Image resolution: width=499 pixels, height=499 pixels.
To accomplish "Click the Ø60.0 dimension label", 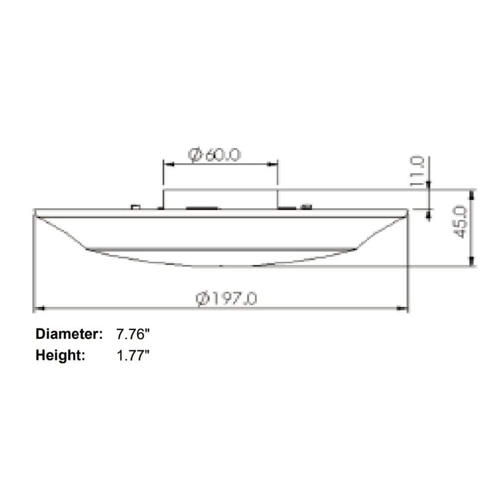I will coord(215,155).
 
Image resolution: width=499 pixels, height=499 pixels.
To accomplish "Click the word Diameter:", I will coord(69,334).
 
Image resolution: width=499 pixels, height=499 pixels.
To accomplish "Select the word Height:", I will coord(60,355).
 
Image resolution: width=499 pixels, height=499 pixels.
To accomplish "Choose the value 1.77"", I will coord(133,355).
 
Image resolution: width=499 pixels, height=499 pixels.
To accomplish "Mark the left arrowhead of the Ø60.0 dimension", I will coord(167,163).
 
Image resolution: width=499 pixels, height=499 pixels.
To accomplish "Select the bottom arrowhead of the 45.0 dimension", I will coord(472,261).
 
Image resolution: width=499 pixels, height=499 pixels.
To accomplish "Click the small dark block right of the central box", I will coord(305,206).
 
